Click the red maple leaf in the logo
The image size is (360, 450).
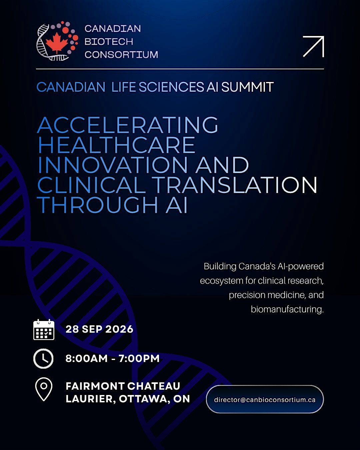[x=57, y=43]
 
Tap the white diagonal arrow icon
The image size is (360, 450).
[x=313, y=46]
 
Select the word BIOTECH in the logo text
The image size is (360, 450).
[x=109, y=42]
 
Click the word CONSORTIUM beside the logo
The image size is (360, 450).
[x=121, y=55]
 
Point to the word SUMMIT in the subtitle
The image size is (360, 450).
[x=247, y=87]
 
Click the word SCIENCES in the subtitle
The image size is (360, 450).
[x=171, y=87]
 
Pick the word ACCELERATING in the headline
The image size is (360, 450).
[x=128, y=125]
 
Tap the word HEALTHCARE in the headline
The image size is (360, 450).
[x=117, y=145]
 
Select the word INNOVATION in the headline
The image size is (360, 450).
[x=113, y=165]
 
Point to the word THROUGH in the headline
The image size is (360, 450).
[x=97, y=205]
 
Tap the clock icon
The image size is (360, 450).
[x=44, y=358]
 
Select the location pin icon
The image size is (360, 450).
[x=44, y=389]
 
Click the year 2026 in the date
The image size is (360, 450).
[x=119, y=329]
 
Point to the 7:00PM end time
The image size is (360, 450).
[x=139, y=358]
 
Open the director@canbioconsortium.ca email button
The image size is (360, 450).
[x=265, y=400]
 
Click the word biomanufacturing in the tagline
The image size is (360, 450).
[x=287, y=309]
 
